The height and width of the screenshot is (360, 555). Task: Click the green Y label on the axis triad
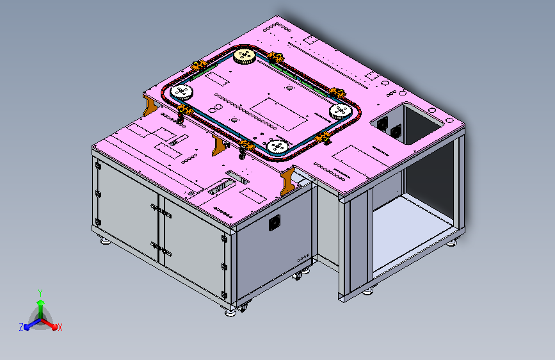coord(40,293)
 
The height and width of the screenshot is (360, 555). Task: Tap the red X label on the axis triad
coord(60,327)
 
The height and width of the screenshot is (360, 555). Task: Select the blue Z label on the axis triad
coord(21,327)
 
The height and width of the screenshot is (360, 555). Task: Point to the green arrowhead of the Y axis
coord(41,303)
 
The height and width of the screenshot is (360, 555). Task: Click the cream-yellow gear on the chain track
coord(245,56)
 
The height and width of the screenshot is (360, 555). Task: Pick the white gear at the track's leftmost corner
coord(182,92)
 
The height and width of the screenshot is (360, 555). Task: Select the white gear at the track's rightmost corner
coord(341,111)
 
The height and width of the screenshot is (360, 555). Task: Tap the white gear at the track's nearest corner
coord(278,147)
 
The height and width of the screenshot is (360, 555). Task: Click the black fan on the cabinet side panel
coord(275,222)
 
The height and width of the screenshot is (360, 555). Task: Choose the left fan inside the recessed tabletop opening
coord(382,124)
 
